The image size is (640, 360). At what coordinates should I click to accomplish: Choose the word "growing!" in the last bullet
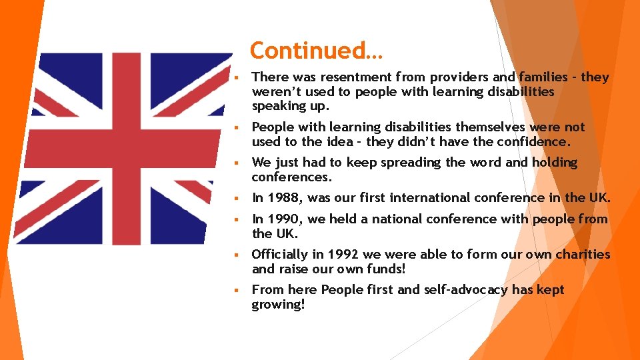click(x=278, y=304)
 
